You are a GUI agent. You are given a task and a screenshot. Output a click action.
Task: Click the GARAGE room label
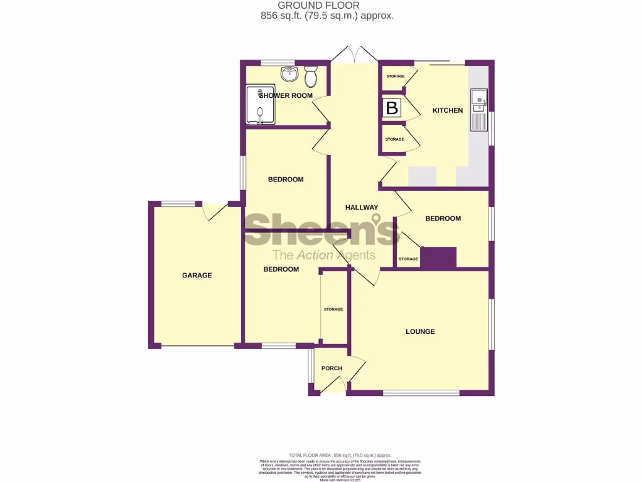[x=197, y=275]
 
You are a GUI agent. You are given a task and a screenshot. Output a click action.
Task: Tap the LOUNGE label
[x=420, y=331]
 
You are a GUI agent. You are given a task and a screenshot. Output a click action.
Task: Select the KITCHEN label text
[x=448, y=110]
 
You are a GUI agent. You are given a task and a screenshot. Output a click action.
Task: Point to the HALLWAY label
[x=362, y=207]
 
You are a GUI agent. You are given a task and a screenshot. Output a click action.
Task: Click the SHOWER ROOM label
[x=282, y=95]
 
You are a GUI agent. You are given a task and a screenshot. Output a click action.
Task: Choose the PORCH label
[x=332, y=368]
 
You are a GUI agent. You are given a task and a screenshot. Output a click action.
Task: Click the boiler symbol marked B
[x=392, y=108]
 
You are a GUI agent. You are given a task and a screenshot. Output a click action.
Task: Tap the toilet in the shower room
[x=310, y=77]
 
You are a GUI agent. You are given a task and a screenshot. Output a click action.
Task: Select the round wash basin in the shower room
[x=289, y=74]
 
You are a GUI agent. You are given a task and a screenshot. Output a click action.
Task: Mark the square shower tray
[x=259, y=105]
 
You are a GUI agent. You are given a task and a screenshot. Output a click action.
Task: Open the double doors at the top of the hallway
[x=354, y=55]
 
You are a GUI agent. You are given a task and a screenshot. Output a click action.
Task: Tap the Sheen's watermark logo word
[x=321, y=229]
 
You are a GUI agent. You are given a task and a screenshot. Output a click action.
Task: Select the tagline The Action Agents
[x=323, y=255]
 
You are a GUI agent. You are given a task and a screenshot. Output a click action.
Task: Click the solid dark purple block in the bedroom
[x=438, y=257]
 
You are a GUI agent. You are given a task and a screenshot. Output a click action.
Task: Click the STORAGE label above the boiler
[x=395, y=76]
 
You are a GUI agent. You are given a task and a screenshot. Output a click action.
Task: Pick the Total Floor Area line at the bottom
[x=340, y=455]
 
